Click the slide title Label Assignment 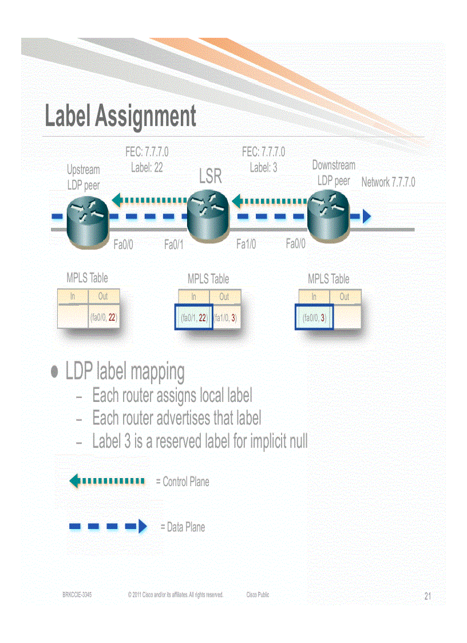click(120, 116)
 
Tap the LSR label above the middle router click(210, 177)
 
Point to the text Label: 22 click(147, 167)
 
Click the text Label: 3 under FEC click(263, 167)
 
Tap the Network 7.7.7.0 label click(388, 183)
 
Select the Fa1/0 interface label click(246, 244)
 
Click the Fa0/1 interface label click(173, 245)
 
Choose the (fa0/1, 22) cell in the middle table click(193, 318)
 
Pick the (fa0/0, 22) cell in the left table click(104, 317)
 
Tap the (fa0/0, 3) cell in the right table click(314, 318)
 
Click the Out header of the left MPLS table click(103, 296)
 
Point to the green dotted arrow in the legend click(107, 480)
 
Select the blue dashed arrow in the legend click(108, 526)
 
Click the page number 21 click(428, 597)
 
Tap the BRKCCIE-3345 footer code click(77, 595)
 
